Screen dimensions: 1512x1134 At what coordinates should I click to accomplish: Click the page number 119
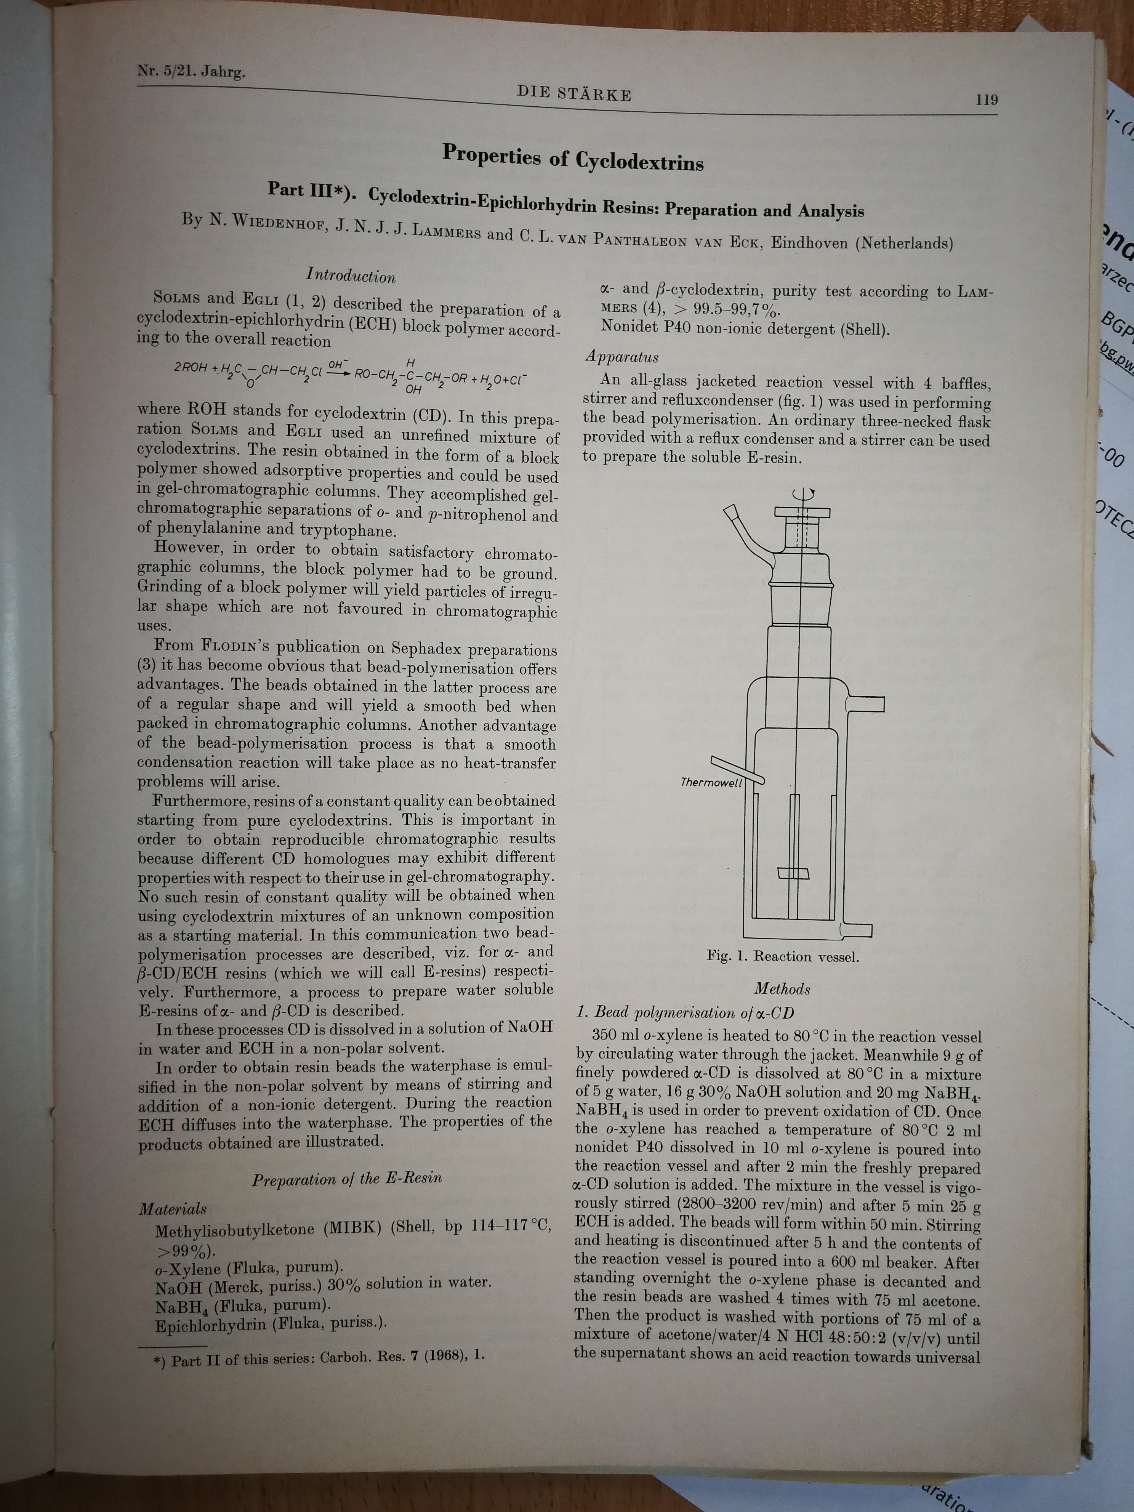[x=987, y=100]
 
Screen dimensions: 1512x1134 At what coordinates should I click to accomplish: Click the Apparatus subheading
[x=621, y=357]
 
